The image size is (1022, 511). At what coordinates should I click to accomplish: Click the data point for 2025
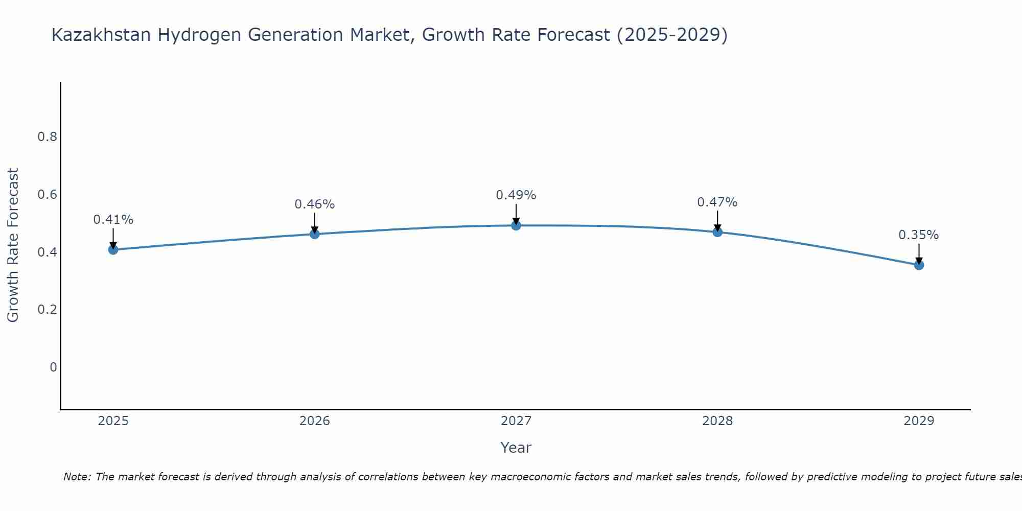point(113,249)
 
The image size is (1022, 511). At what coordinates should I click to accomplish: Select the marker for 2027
point(516,225)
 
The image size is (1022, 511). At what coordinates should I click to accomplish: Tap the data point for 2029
point(919,265)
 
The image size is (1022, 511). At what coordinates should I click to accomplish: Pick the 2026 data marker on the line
point(315,234)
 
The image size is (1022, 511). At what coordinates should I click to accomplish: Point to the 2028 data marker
point(717,232)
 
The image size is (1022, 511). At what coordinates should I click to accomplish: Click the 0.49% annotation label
point(516,195)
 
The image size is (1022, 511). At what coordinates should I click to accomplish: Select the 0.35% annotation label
point(919,235)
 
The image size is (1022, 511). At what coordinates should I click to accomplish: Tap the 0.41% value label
point(113,220)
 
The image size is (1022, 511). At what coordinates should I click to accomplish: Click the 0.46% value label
point(315,204)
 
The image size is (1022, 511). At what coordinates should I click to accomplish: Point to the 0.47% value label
point(717,202)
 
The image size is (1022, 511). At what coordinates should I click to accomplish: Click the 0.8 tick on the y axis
point(47,137)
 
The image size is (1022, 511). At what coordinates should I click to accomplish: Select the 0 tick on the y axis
point(53,367)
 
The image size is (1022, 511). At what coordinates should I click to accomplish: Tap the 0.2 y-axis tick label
point(47,310)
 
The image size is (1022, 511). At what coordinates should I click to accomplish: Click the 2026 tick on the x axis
point(315,421)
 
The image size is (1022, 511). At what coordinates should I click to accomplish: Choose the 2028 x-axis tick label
point(717,421)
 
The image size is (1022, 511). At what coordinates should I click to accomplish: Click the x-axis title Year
point(516,448)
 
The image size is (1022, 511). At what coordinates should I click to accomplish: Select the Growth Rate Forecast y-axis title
point(13,245)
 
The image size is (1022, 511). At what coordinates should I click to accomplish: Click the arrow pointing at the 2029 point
point(919,253)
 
